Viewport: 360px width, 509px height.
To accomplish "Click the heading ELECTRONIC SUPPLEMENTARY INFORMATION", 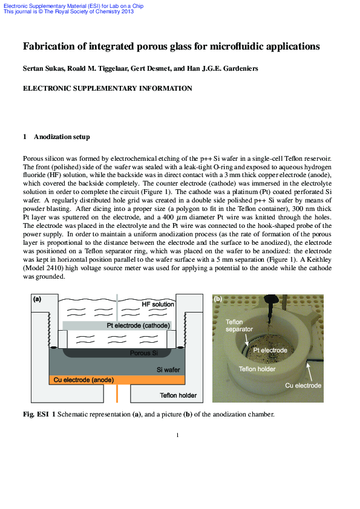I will point(107,88).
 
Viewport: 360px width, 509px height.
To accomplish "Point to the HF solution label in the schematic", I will point(158,304).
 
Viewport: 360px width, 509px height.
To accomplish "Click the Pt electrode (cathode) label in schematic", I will point(139,325).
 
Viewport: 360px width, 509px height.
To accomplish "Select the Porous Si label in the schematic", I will point(144,353).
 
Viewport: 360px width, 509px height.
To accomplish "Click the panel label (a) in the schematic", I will point(37,299).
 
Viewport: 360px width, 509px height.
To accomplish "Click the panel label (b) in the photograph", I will point(218,299).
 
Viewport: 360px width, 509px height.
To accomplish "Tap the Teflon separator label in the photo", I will point(236,326).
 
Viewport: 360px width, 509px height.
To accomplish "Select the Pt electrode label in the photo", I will point(270,350).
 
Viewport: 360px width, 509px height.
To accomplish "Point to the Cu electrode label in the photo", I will point(303,385).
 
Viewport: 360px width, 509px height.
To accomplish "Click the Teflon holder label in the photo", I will point(258,368).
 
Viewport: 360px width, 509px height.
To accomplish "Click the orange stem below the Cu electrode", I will point(117,394).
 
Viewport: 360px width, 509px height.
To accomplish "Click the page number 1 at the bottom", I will point(177,435).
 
